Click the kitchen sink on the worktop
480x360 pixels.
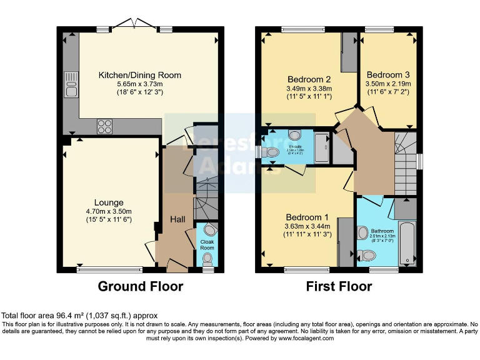[71, 84]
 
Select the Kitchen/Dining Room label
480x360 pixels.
[140, 75]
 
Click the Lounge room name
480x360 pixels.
[109, 202]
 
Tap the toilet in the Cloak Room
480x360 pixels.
[207, 258]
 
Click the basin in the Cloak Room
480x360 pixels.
[209, 229]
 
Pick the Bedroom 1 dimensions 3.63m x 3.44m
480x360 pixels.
[308, 226]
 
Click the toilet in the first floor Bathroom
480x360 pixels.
[368, 255]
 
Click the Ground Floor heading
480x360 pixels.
[141, 287]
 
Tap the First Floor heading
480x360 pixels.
[339, 287]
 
